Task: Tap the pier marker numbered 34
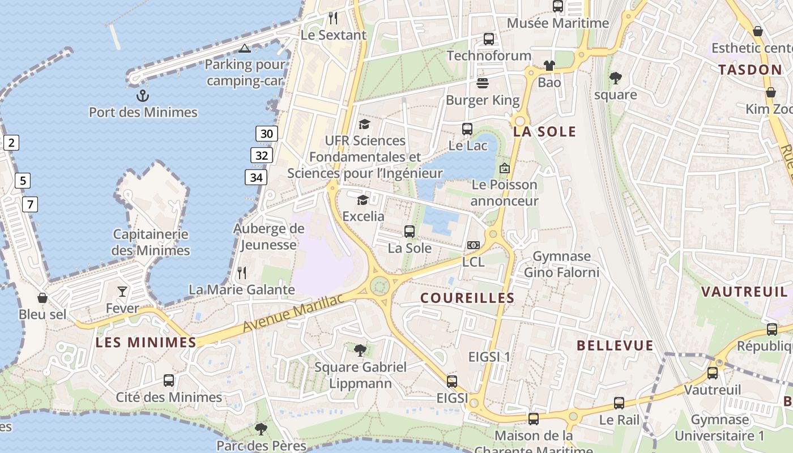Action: coord(256,177)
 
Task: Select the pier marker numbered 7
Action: coord(30,204)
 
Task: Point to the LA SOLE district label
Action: coord(544,132)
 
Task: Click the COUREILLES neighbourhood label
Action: coord(467,298)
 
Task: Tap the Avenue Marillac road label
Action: coord(293,314)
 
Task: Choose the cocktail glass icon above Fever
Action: coord(122,292)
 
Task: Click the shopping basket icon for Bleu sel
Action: coord(42,297)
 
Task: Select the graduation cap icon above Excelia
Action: coord(363,200)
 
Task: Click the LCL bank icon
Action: coord(473,245)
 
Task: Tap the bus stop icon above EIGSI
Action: coord(451,382)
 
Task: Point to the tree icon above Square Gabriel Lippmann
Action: coord(360,351)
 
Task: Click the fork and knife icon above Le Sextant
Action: coord(333,18)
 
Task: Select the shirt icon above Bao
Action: coord(549,66)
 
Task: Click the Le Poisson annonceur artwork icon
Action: coord(504,168)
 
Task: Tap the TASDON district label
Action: coord(750,70)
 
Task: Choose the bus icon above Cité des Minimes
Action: coord(169,381)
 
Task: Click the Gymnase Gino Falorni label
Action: coord(561,264)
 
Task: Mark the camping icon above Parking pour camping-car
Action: coord(245,48)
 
